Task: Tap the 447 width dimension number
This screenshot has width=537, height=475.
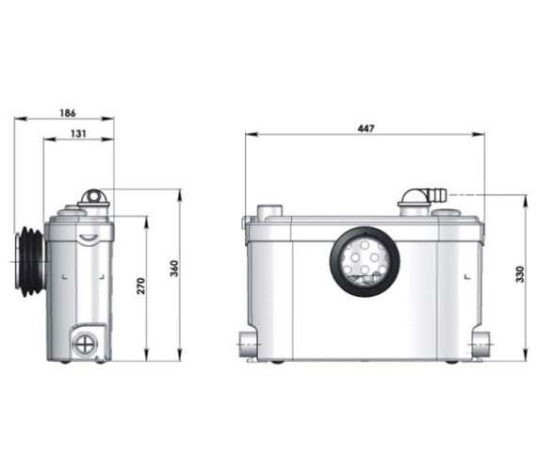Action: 364,128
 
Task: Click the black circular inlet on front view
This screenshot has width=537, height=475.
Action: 365,259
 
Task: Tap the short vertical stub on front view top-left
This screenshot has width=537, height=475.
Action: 269,210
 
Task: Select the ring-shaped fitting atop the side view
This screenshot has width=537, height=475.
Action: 93,197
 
